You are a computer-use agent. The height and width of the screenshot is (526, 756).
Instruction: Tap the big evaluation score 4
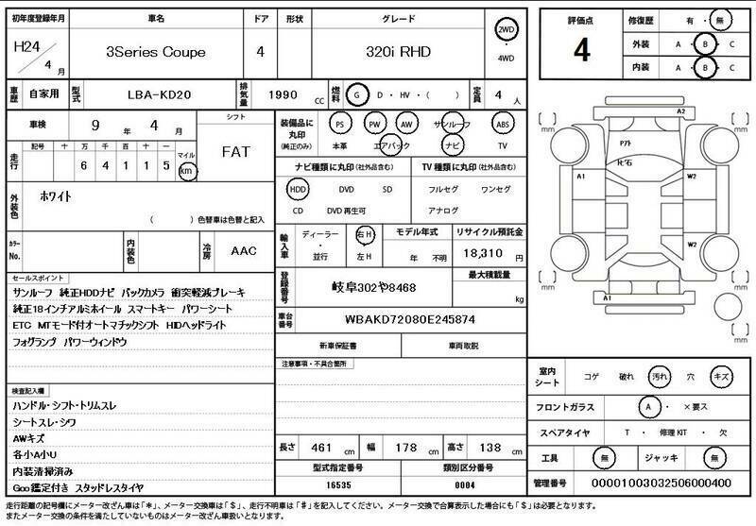click(581, 51)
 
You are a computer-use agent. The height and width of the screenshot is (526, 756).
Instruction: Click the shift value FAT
click(236, 151)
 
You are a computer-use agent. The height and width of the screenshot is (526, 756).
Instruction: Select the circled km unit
click(187, 171)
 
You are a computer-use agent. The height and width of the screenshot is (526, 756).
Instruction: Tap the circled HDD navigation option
click(299, 189)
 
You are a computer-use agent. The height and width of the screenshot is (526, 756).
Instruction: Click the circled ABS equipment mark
click(502, 125)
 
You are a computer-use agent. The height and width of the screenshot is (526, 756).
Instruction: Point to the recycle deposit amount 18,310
click(483, 255)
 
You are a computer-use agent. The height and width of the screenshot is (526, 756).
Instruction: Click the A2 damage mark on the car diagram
click(681, 111)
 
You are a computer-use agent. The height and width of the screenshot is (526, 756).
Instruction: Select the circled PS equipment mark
click(340, 125)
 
